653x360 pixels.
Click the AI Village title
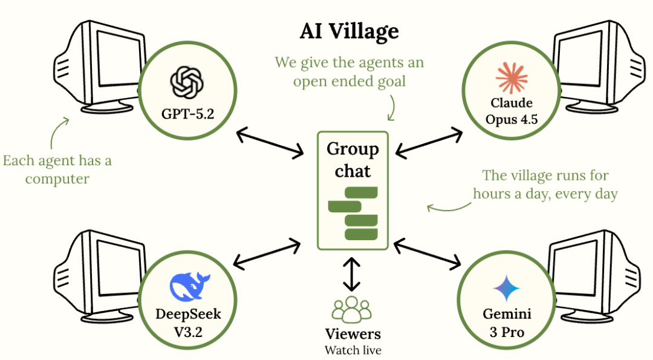click(x=349, y=31)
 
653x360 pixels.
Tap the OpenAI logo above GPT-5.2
click(x=187, y=82)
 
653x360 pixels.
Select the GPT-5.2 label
click(x=187, y=114)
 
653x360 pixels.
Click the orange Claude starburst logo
click(x=512, y=77)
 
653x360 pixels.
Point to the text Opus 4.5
click(x=512, y=120)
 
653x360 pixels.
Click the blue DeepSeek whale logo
click(x=189, y=287)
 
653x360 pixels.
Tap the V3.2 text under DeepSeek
click(x=188, y=332)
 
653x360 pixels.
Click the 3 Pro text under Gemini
click(x=507, y=332)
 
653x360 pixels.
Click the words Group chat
click(x=352, y=160)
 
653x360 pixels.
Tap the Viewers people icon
click(x=351, y=309)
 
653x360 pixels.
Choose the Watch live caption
click(x=352, y=350)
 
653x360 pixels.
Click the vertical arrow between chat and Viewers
click(x=352, y=274)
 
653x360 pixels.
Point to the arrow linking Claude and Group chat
click(x=429, y=143)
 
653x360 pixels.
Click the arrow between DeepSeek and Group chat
click(x=267, y=254)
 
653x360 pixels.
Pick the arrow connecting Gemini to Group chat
click(x=427, y=253)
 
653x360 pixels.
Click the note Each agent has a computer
click(x=57, y=169)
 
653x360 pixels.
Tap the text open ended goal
click(x=349, y=81)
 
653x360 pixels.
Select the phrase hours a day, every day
click(x=545, y=194)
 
